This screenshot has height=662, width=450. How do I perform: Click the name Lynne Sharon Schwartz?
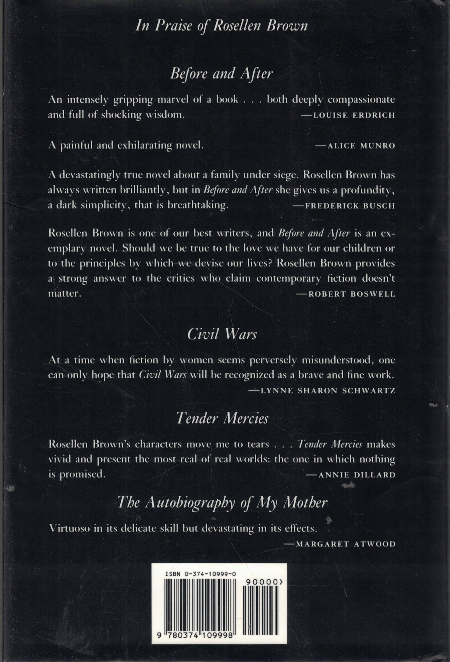coord(322,390)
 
